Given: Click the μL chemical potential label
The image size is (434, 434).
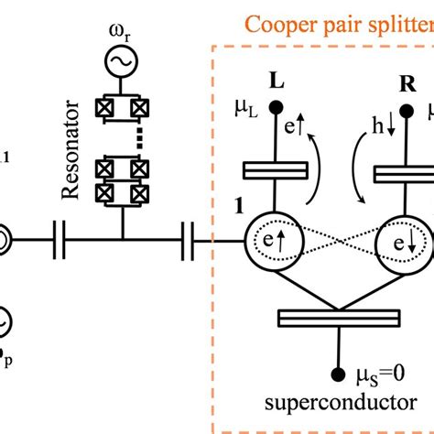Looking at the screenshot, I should [x=245, y=117].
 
